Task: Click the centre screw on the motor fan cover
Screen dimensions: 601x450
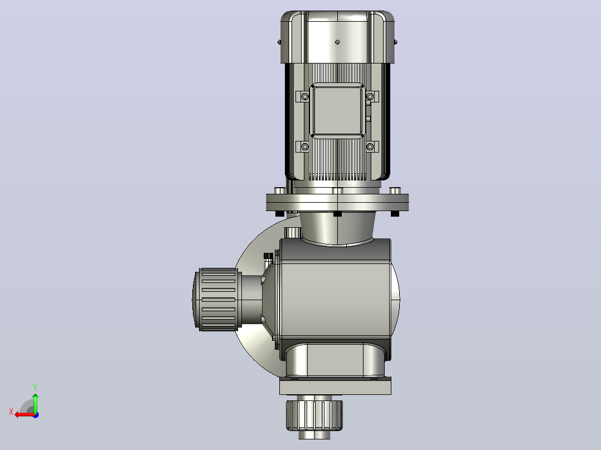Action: [337, 42]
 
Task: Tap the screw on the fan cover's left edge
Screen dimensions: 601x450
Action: [279, 42]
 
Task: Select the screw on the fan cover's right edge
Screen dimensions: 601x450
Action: [396, 42]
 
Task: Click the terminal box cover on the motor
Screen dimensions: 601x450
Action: [337, 111]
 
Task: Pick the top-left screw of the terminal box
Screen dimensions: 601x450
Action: [305, 96]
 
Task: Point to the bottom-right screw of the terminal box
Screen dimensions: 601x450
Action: [370, 146]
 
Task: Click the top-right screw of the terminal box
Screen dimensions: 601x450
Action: [370, 96]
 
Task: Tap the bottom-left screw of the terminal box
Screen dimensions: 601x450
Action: [305, 146]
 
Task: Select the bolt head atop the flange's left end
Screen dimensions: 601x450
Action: [280, 190]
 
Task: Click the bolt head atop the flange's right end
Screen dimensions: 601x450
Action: [395, 190]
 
